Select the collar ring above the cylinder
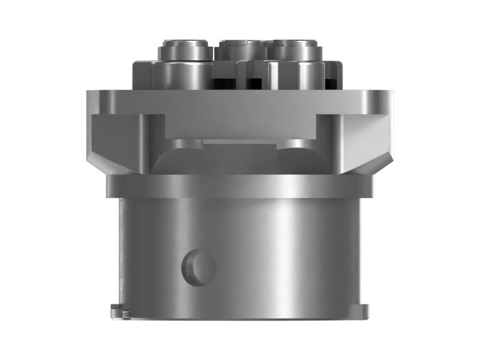point(240,186)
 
